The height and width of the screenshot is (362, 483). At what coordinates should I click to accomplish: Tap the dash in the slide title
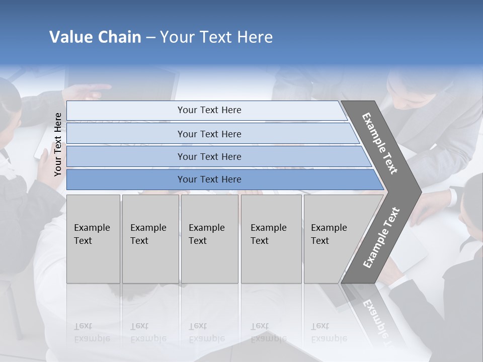(x=150, y=38)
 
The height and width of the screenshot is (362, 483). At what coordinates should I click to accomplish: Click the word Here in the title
(x=254, y=37)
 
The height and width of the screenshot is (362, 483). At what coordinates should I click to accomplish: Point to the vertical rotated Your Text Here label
(x=58, y=144)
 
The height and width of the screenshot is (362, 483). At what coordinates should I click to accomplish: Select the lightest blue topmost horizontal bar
(x=206, y=110)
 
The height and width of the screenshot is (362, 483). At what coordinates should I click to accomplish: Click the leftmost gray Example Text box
(x=93, y=238)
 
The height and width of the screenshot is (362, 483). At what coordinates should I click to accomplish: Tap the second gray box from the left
(x=150, y=238)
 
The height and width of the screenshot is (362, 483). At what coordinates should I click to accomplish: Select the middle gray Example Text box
(x=209, y=238)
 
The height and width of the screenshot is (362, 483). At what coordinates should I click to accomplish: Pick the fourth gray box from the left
(x=271, y=238)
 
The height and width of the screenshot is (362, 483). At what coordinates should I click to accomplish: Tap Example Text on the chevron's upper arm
(x=380, y=143)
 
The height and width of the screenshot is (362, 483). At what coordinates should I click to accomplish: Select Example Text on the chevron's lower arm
(x=381, y=238)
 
